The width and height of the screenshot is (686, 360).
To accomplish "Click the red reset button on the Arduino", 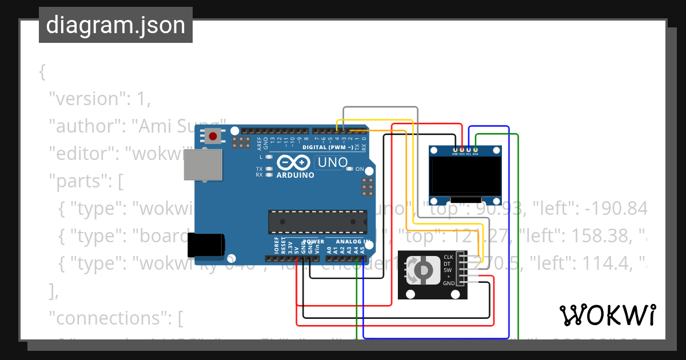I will click(x=213, y=137).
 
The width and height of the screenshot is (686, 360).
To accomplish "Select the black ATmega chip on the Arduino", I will click(x=318, y=222).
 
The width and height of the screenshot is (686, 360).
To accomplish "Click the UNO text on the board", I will click(x=332, y=162).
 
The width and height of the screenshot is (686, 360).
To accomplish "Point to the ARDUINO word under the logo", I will click(x=295, y=175).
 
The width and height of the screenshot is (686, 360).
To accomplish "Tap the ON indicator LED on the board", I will click(x=350, y=169).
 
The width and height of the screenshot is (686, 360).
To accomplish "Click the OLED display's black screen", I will click(x=465, y=176).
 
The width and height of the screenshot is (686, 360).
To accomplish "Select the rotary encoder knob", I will click(x=422, y=270).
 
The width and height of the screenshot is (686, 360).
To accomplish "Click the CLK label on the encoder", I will click(x=448, y=257).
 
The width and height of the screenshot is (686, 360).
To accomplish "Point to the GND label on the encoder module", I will click(x=449, y=283).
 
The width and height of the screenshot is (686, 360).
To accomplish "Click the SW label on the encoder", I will click(x=448, y=270).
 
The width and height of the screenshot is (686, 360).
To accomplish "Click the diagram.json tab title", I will click(x=115, y=25).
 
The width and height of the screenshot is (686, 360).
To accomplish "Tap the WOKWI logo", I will click(x=607, y=315).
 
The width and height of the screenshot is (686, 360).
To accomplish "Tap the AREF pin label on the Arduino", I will click(x=259, y=143).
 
